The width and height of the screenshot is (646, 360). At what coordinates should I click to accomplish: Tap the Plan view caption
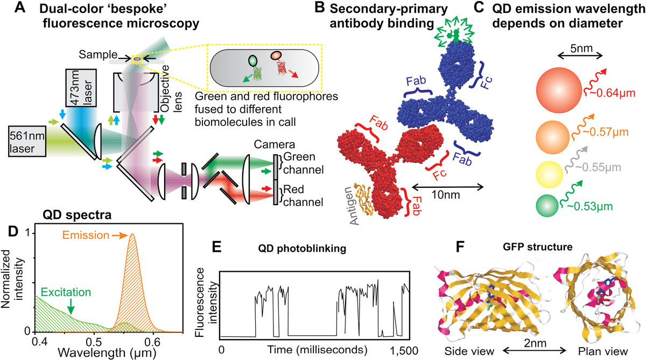(596, 350)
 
